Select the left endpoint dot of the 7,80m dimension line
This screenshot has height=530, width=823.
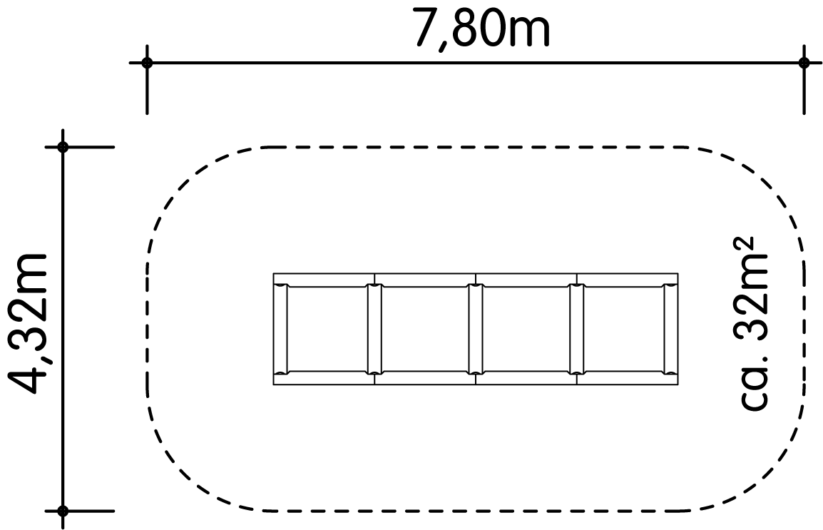(x=147, y=63)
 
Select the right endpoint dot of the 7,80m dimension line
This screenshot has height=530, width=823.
(x=804, y=63)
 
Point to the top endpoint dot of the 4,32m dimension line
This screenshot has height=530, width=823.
(x=63, y=147)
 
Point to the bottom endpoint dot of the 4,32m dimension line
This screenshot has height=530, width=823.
(x=63, y=511)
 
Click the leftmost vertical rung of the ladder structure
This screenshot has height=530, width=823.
(x=281, y=329)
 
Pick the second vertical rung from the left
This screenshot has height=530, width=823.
(x=374, y=329)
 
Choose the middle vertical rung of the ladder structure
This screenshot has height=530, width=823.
(x=476, y=329)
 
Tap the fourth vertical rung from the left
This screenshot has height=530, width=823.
(x=577, y=329)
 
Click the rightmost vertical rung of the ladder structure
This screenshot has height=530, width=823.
(x=670, y=329)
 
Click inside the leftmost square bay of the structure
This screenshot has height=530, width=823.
(x=327, y=329)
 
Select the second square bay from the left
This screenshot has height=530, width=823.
(x=425, y=329)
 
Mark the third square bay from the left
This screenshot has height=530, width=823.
(x=526, y=329)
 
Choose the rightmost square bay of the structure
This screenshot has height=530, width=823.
(x=624, y=329)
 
